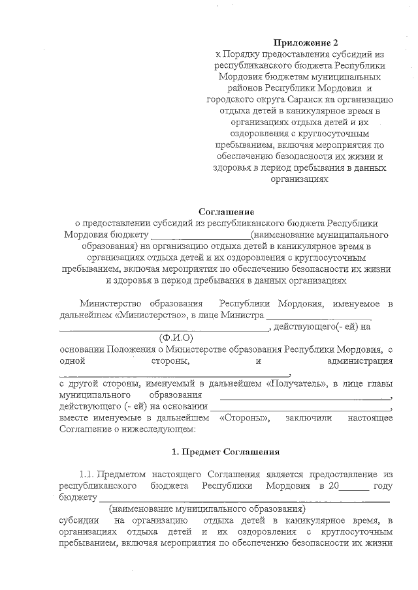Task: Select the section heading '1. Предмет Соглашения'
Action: point(225,451)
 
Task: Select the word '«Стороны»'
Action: point(245,418)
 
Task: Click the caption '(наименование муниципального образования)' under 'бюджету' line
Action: point(207,508)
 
